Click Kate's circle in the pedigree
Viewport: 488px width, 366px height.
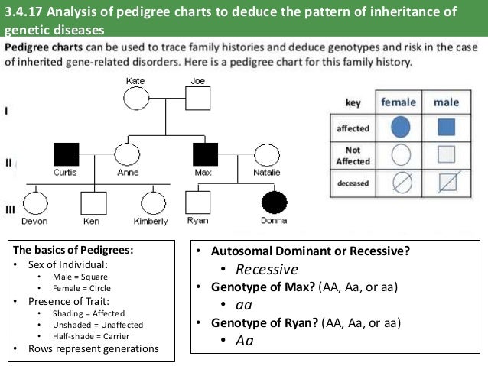[x=136, y=99]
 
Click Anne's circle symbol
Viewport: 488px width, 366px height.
[x=126, y=155]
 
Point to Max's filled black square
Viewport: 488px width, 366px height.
[x=206, y=155]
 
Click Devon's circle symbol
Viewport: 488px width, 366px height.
[x=34, y=202]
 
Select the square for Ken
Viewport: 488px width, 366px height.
[x=93, y=202]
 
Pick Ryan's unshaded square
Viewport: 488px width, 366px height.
[x=198, y=202]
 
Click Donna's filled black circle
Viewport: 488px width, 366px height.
[x=275, y=202]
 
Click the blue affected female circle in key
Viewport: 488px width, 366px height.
[x=400, y=128]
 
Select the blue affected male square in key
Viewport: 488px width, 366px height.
[x=447, y=128]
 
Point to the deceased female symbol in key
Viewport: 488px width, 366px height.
[x=400, y=183]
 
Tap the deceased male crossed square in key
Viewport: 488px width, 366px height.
[x=447, y=183]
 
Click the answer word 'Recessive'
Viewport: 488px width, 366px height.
[x=267, y=270]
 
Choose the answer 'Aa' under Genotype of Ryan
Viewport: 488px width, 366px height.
[x=245, y=340]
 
